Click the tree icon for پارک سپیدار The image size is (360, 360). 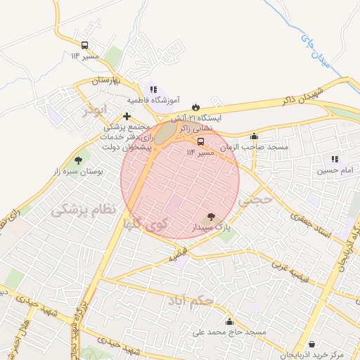(211, 217)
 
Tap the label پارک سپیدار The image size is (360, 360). (210, 228)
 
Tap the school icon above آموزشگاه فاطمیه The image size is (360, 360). (153, 89)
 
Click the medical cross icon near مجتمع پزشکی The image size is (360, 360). (127, 116)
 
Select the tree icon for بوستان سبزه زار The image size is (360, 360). (77, 160)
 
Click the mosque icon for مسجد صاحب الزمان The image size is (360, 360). (254, 137)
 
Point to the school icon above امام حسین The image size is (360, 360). (335, 160)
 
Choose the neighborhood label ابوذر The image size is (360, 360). (92, 110)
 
